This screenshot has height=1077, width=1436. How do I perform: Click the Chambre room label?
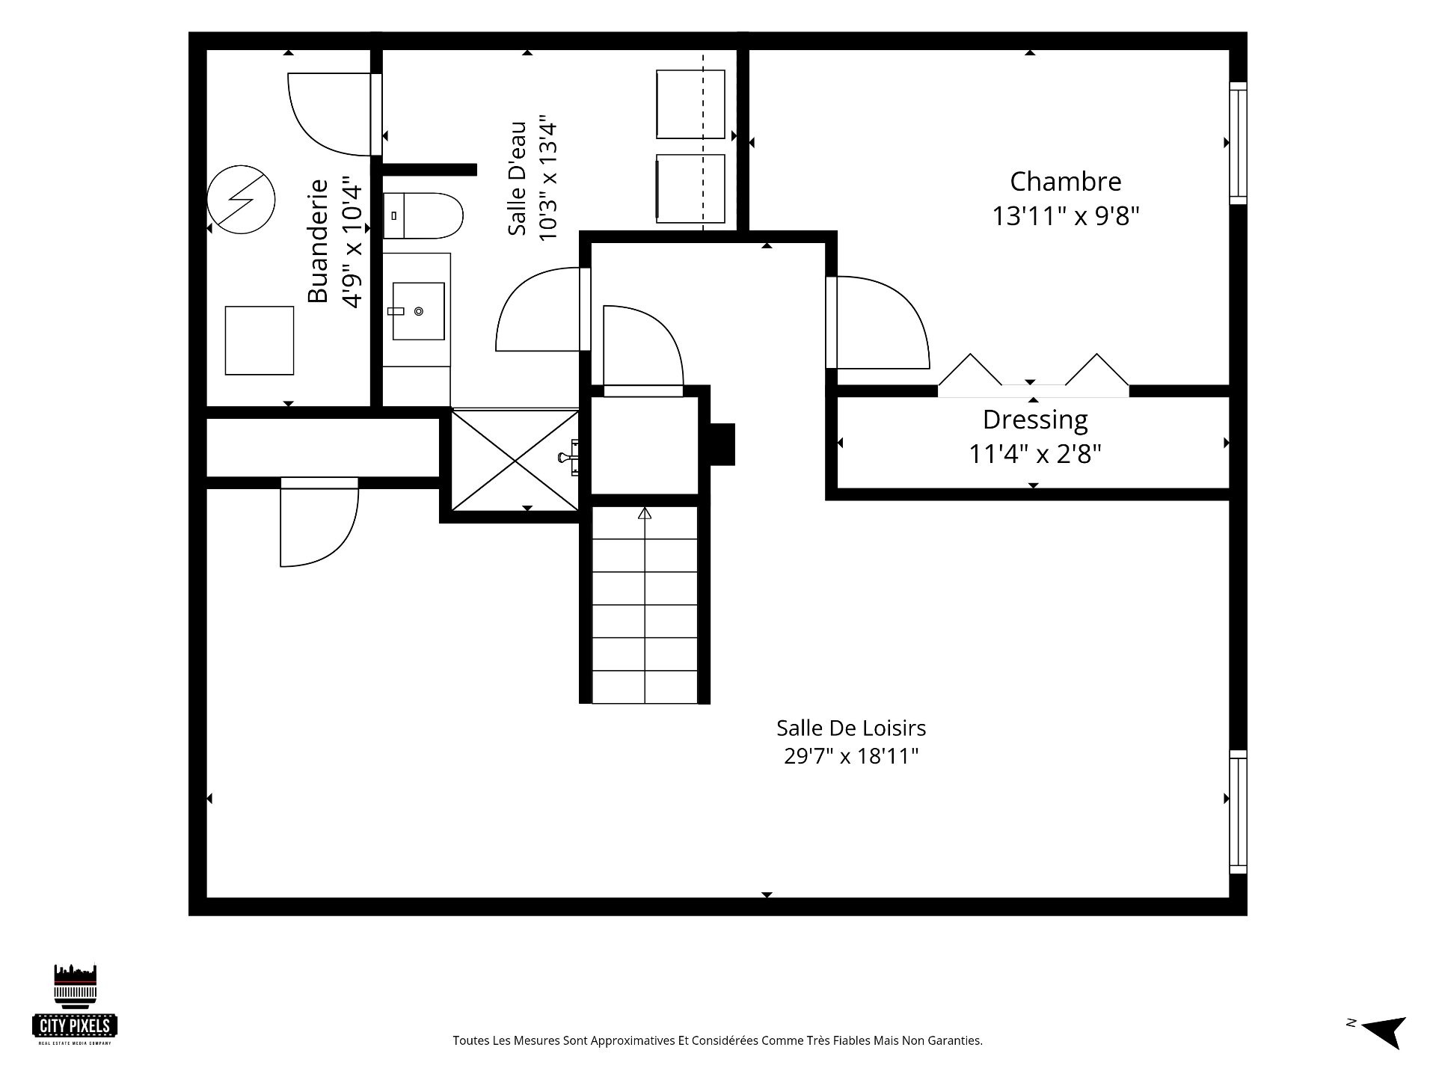1065,182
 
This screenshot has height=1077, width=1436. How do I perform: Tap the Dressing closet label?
1035,420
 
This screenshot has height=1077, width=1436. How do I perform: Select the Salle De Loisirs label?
851,728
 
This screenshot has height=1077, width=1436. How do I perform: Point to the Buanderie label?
318,241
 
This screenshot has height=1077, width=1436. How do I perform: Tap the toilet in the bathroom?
423,216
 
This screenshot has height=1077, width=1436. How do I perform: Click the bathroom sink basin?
418,311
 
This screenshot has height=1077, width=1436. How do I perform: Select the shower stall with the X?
515,460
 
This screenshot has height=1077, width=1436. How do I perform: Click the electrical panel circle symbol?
241,199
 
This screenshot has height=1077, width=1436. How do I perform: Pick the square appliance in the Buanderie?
260,341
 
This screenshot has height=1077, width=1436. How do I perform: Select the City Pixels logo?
75,1004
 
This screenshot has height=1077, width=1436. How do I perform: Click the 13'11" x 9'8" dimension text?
1065,217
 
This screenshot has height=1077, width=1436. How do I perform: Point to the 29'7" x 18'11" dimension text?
851,756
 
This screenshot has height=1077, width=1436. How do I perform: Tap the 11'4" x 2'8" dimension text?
1035,454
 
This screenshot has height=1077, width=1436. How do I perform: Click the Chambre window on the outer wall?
1239,143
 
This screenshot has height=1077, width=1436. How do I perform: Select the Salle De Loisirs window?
1239,812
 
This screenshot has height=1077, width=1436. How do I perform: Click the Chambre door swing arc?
905,307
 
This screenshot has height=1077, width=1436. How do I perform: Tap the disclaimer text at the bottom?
717,1040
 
